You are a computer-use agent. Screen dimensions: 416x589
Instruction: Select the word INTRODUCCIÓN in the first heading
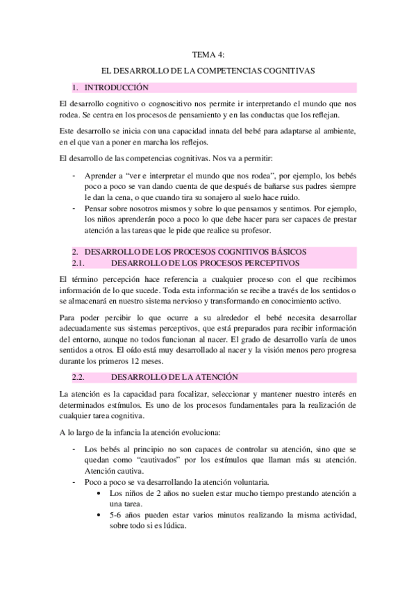pyautogui.click(x=116, y=88)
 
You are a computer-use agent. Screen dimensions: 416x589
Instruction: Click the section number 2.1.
pyautogui.click(x=82, y=263)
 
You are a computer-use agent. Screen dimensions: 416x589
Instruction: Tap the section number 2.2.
pyautogui.click(x=82, y=376)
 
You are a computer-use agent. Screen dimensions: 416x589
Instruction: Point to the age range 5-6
pyautogui.click(x=117, y=515)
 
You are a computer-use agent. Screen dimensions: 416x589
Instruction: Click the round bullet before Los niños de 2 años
pyautogui.click(x=102, y=493)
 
